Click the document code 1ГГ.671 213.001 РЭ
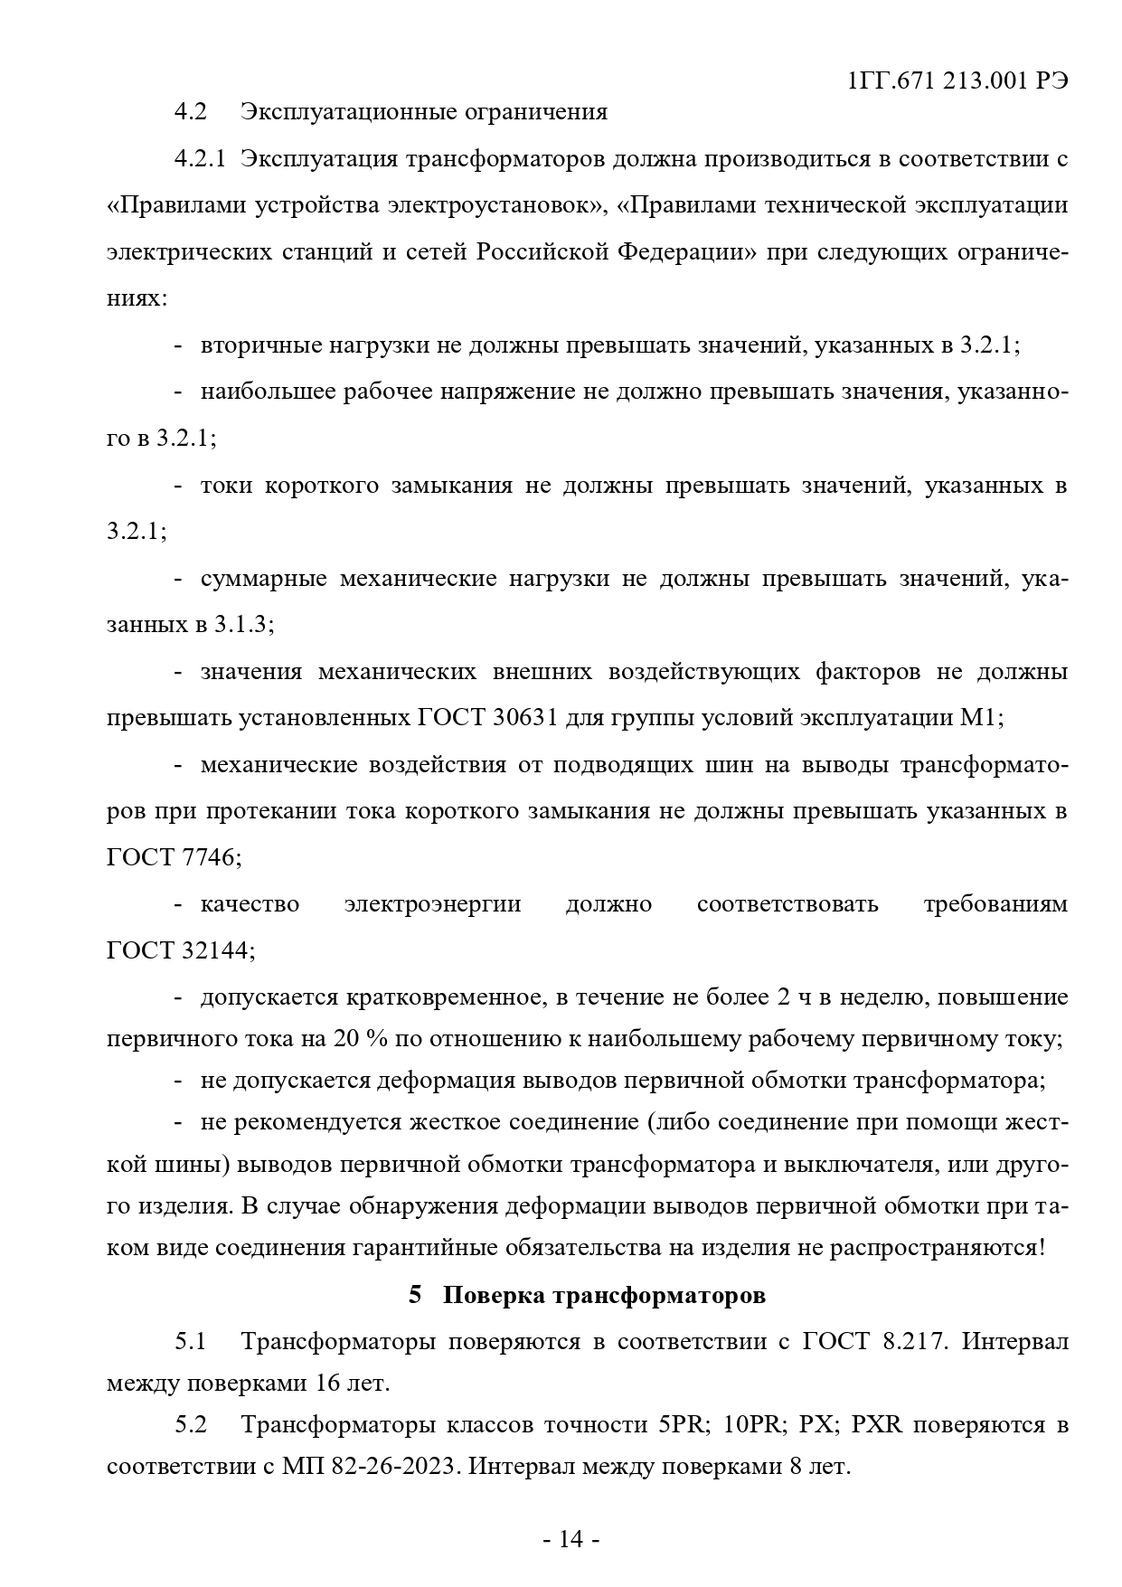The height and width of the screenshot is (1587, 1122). tap(959, 81)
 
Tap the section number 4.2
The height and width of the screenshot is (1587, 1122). tap(191, 112)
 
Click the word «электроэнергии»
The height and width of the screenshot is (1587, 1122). tap(432, 904)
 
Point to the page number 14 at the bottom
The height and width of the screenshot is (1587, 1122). tap(570, 1539)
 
